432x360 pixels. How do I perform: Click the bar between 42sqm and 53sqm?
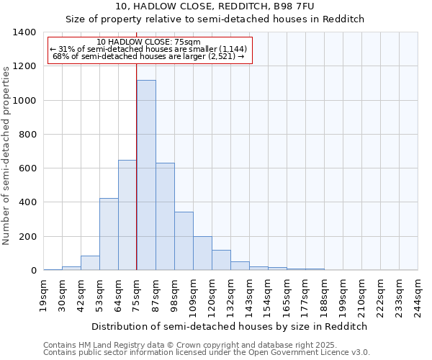pyautogui.click(x=90, y=263)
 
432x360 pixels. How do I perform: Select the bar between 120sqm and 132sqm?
pyautogui.click(x=221, y=260)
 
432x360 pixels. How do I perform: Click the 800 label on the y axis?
pyautogui.click(x=27, y=135)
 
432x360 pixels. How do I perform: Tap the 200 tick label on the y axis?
pyautogui.click(x=27, y=237)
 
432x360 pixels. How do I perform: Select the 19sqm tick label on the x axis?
pyautogui.click(x=44, y=294)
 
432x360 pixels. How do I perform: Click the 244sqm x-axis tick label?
pyautogui.click(x=418, y=296)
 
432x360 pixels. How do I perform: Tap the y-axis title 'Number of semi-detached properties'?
pyautogui.click(x=7, y=155)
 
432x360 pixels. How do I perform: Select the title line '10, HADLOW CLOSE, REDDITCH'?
pyautogui.click(x=215, y=7)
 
